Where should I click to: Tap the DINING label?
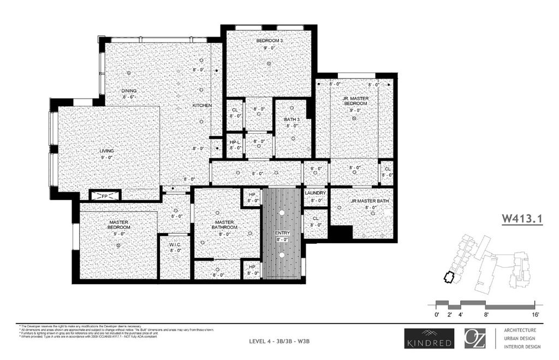coord(129,91)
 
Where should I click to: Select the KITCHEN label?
coord(201,105)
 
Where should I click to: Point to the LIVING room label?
coord(106,151)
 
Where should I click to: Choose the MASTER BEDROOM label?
coord(118,224)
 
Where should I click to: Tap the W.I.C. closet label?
coord(175,245)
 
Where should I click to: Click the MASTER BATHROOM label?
coord(224,224)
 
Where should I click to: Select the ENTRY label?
coord(282,233)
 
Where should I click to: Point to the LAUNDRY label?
coord(315,193)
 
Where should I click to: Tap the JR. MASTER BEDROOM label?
coord(355,100)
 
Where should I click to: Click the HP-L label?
coord(235,141)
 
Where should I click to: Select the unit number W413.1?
coord(522,219)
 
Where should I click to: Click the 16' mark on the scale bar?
coord(534,315)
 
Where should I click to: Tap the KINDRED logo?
coord(428,338)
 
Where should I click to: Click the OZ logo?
coord(475,338)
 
